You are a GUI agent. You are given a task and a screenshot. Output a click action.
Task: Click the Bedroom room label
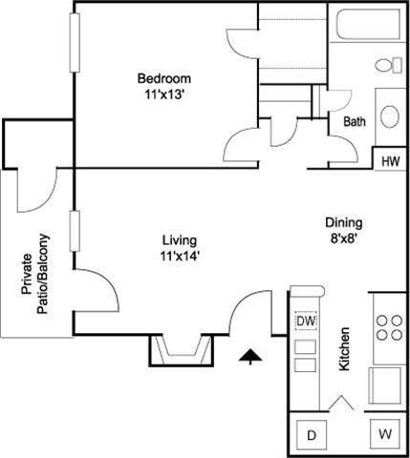[163, 78]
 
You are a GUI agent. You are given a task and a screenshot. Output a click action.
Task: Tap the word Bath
[355, 122]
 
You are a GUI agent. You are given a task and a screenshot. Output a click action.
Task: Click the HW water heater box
[389, 161]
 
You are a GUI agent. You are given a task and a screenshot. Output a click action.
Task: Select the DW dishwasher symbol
[306, 323]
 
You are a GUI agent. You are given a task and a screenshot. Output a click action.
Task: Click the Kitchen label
[345, 350]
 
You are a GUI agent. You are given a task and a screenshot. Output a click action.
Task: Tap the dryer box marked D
[311, 435]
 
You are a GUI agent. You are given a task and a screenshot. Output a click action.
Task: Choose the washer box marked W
[385, 435]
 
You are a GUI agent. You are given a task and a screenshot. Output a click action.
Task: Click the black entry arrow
[249, 356]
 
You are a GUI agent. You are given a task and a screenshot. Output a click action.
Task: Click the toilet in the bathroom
[387, 65]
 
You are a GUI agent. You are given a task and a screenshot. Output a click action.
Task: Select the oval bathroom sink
[390, 116]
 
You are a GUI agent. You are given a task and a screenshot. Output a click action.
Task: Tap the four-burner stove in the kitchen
[388, 328]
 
